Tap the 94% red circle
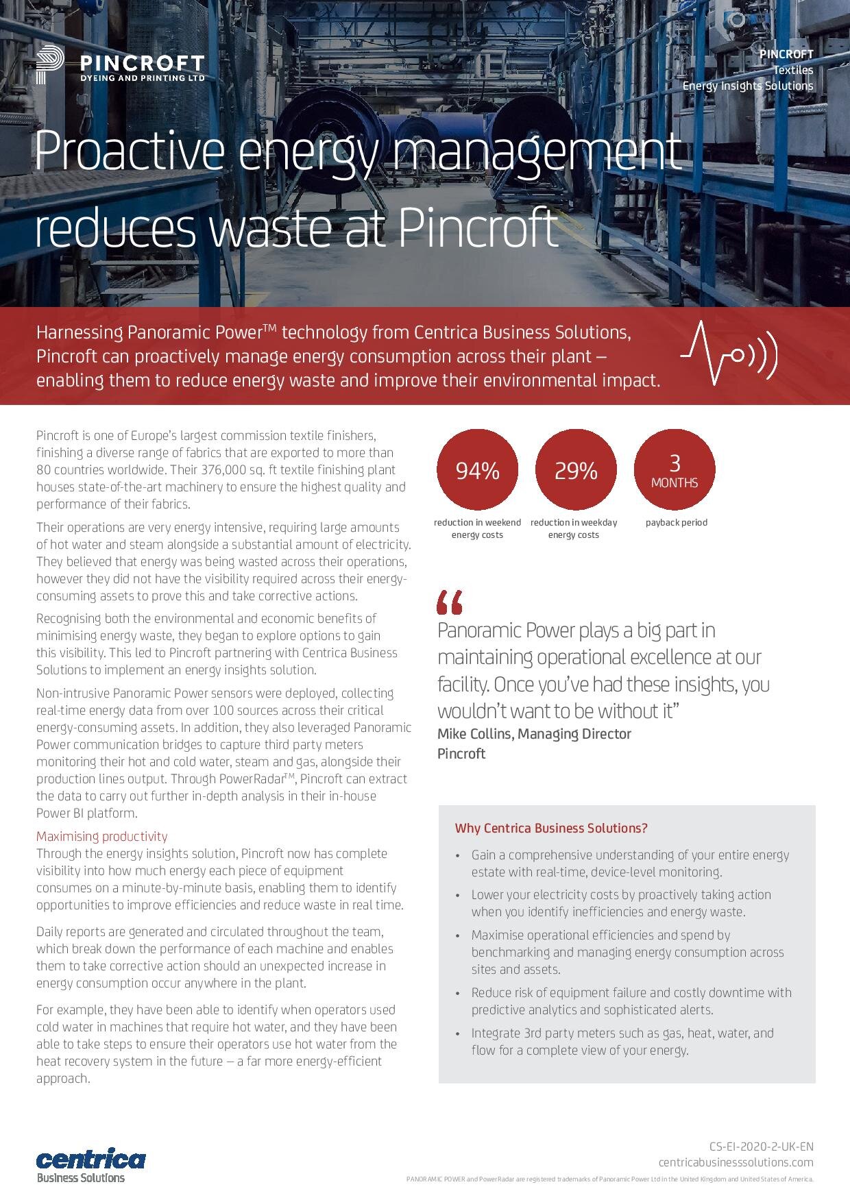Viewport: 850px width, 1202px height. [x=477, y=470]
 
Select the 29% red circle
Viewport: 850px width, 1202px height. [x=576, y=470]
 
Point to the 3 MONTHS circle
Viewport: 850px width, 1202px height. [x=675, y=470]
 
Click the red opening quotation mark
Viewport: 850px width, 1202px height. [x=450, y=602]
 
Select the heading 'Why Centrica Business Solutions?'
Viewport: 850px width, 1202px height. [x=550, y=828]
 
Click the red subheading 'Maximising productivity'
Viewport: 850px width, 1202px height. [x=101, y=836]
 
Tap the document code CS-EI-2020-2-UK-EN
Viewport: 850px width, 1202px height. [x=761, y=1146]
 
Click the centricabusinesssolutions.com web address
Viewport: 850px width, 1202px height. [x=736, y=1162]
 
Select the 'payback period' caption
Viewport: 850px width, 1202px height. [x=676, y=522]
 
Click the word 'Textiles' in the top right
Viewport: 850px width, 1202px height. [x=793, y=70]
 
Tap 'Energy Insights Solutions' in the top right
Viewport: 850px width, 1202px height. [x=747, y=86]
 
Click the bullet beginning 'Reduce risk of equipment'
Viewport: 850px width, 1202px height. [x=631, y=1001]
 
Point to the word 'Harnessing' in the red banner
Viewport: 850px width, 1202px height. [x=79, y=333]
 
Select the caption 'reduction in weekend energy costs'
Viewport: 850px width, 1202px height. [x=477, y=528]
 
